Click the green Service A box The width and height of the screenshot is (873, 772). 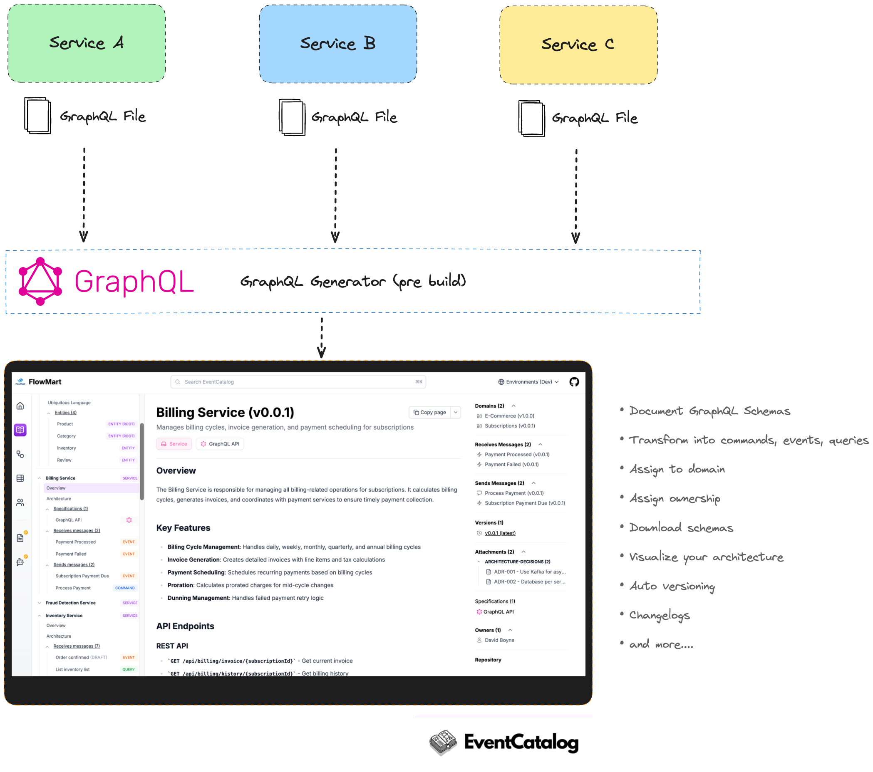point(86,43)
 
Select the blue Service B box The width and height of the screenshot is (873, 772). point(337,44)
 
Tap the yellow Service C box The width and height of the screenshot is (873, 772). point(578,45)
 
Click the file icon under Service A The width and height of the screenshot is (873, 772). point(37,116)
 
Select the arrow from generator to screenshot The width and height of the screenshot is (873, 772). point(322,337)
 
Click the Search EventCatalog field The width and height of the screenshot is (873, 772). point(298,382)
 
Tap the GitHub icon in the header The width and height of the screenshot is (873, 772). point(574,382)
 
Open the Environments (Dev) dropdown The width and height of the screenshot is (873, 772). point(528,382)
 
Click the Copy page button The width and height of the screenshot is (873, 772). point(430,412)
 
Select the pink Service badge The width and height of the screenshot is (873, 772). point(174,444)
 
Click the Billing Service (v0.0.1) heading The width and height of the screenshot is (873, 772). point(225,412)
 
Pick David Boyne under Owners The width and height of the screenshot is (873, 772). point(499,640)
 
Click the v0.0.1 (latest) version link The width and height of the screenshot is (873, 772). point(500,533)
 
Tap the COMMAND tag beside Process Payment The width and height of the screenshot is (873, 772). point(125,588)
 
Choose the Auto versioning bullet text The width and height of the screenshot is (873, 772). point(672,586)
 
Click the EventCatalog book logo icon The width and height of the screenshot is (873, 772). point(443,742)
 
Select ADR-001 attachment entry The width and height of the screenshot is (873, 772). point(529,572)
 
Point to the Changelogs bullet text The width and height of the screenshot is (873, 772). point(660,615)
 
